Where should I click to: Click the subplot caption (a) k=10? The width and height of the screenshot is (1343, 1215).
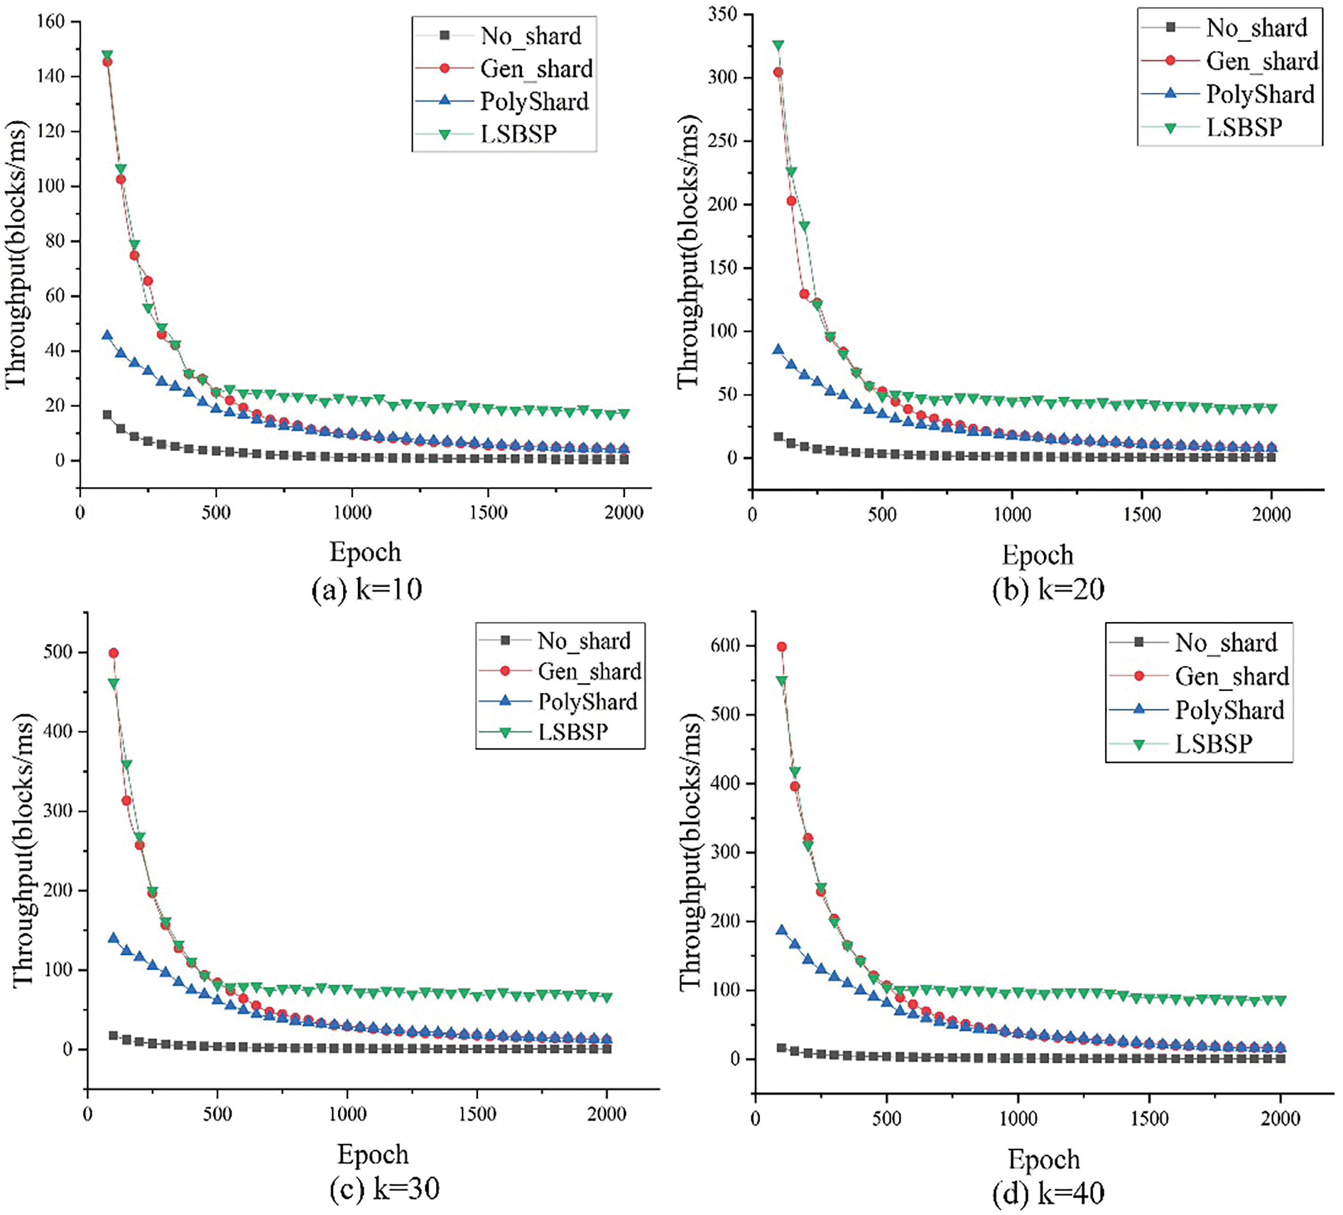(x=367, y=589)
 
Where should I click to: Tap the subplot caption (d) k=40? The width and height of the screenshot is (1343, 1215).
(x=1048, y=1193)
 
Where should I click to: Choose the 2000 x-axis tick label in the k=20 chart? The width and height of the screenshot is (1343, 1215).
(x=1271, y=514)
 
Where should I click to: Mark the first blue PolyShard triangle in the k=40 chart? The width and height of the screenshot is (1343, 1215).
(x=781, y=930)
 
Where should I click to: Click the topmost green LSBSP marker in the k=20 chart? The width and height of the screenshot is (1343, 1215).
(x=778, y=45)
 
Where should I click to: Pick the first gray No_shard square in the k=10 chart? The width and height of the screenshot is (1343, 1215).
(x=106, y=414)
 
